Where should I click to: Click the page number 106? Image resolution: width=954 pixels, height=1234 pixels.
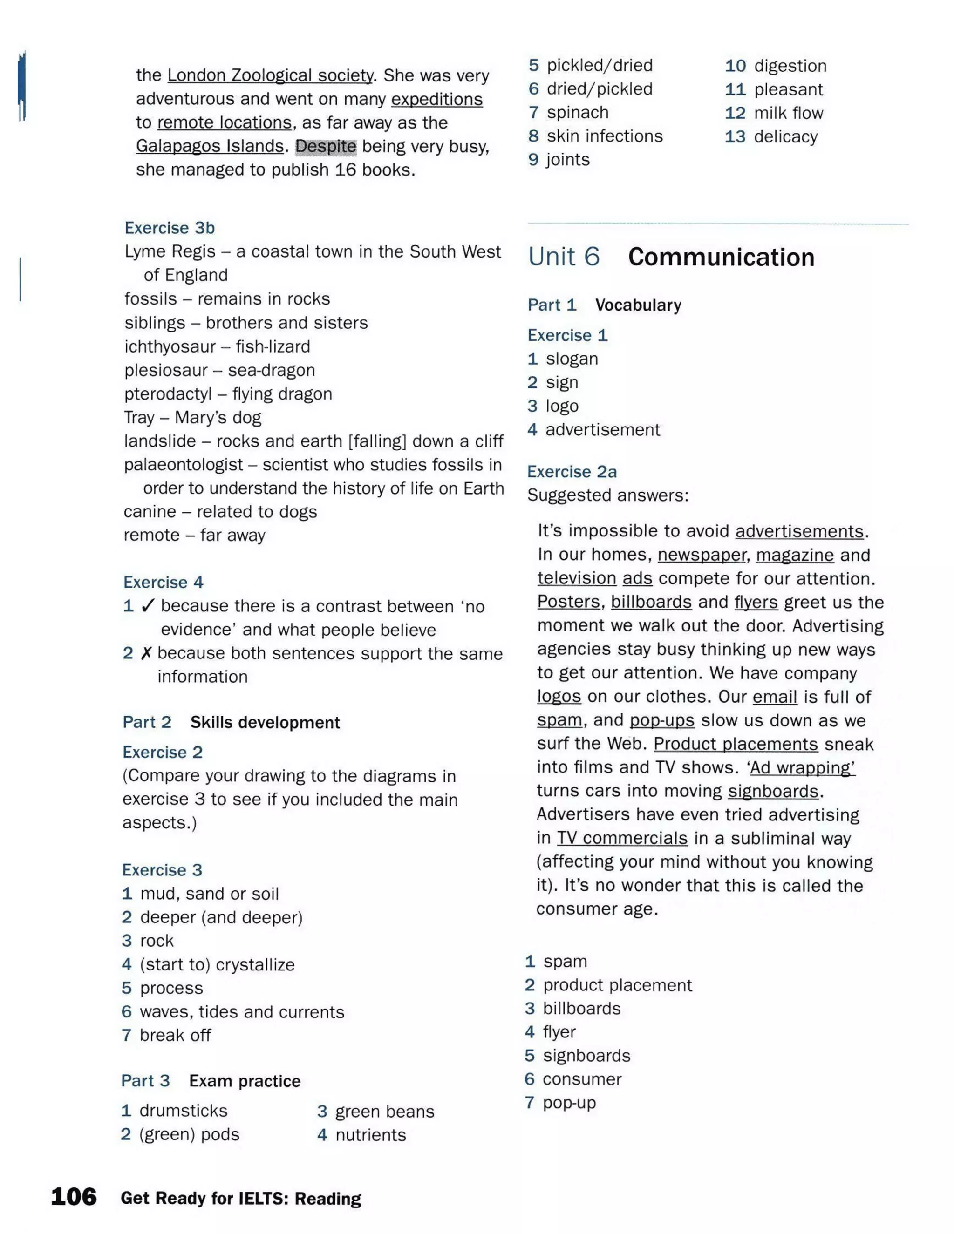(74, 1197)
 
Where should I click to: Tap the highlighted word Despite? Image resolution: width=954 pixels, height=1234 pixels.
(326, 146)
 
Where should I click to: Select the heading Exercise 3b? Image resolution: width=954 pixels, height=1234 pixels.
(170, 228)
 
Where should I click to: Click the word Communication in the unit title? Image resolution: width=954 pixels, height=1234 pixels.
(721, 257)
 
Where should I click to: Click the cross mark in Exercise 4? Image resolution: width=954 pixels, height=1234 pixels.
(146, 653)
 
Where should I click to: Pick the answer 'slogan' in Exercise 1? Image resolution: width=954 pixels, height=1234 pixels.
(572, 359)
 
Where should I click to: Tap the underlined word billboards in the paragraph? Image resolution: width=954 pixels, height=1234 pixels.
(651, 602)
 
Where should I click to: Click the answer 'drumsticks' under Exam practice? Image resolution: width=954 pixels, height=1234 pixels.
(183, 1111)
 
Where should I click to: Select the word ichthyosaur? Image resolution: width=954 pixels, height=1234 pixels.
(170, 346)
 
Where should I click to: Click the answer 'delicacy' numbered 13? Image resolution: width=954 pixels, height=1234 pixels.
(785, 137)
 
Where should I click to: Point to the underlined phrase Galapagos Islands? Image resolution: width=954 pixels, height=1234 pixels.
(210, 146)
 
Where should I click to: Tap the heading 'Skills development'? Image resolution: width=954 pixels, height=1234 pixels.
(265, 722)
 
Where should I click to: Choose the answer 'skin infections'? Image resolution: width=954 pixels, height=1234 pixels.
(605, 136)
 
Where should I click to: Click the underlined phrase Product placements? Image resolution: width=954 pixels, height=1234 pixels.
(735, 744)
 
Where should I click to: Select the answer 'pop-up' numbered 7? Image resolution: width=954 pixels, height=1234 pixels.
(569, 1102)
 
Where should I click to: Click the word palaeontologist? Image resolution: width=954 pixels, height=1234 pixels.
(184, 464)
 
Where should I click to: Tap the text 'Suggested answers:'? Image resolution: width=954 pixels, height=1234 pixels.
(607, 495)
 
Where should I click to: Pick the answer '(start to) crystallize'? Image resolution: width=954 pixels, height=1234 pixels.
(217, 964)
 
